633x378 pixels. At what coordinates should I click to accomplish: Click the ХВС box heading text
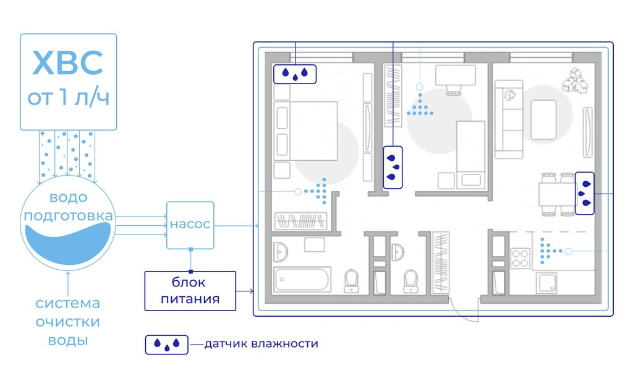pyautogui.click(x=68, y=64)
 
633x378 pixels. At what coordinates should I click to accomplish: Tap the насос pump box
pyautogui.click(x=190, y=225)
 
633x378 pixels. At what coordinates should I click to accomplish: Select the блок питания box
pyautogui.click(x=190, y=291)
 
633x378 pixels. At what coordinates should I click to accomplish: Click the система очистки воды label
pyautogui.click(x=67, y=322)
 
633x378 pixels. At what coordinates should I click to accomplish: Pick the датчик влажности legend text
pyautogui.click(x=261, y=344)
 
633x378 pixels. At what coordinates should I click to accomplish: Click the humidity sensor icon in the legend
pyautogui.click(x=166, y=344)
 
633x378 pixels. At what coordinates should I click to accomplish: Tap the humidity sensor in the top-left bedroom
pyautogui.click(x=295, y=74)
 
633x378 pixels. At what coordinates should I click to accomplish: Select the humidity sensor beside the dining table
pyautogui.click(x=585, y=193)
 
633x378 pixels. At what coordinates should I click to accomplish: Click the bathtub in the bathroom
pyautogui.click(x=304, y=279)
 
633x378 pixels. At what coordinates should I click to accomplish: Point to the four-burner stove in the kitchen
pyautogui.click(x=520, y=257)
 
